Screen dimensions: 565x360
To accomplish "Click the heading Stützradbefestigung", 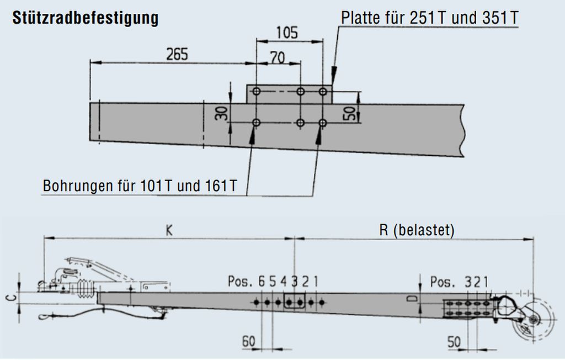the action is [x=86, y=18].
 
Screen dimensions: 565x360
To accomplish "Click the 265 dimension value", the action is [x=177, y=55].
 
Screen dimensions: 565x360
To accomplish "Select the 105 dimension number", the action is [x=287, y=33].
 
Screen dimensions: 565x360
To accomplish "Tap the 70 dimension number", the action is [x=277, y=58].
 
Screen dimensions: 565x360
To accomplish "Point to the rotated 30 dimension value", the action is [x=222, y=113].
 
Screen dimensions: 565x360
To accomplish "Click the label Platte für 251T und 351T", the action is [x=429, y=18].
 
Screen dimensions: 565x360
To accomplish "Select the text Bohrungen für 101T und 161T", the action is [x=140, y=186].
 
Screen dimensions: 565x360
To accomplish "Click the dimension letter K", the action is [x=169, y=231].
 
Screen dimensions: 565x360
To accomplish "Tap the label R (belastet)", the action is [x=417, y=230].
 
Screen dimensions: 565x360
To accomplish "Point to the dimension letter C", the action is [x=12, y=298].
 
